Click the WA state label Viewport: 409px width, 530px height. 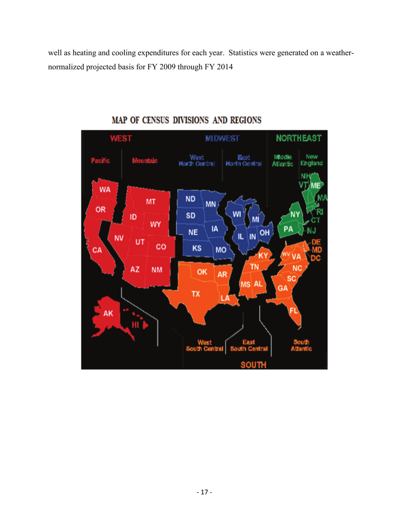tap(104, 190)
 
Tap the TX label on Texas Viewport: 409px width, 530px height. tap(195, 294)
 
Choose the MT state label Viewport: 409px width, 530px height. tap(150, 201)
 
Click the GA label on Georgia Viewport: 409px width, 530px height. tap(283, 288)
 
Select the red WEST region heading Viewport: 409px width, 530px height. tap(121, 139)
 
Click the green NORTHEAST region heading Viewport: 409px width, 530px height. tap(299, 139)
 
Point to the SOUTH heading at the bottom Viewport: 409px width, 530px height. tap(253, 365)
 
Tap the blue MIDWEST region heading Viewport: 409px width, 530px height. tap(222, 139)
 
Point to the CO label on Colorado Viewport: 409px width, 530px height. tap(161, 247)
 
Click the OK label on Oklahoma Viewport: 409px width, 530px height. tap(202, 272)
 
